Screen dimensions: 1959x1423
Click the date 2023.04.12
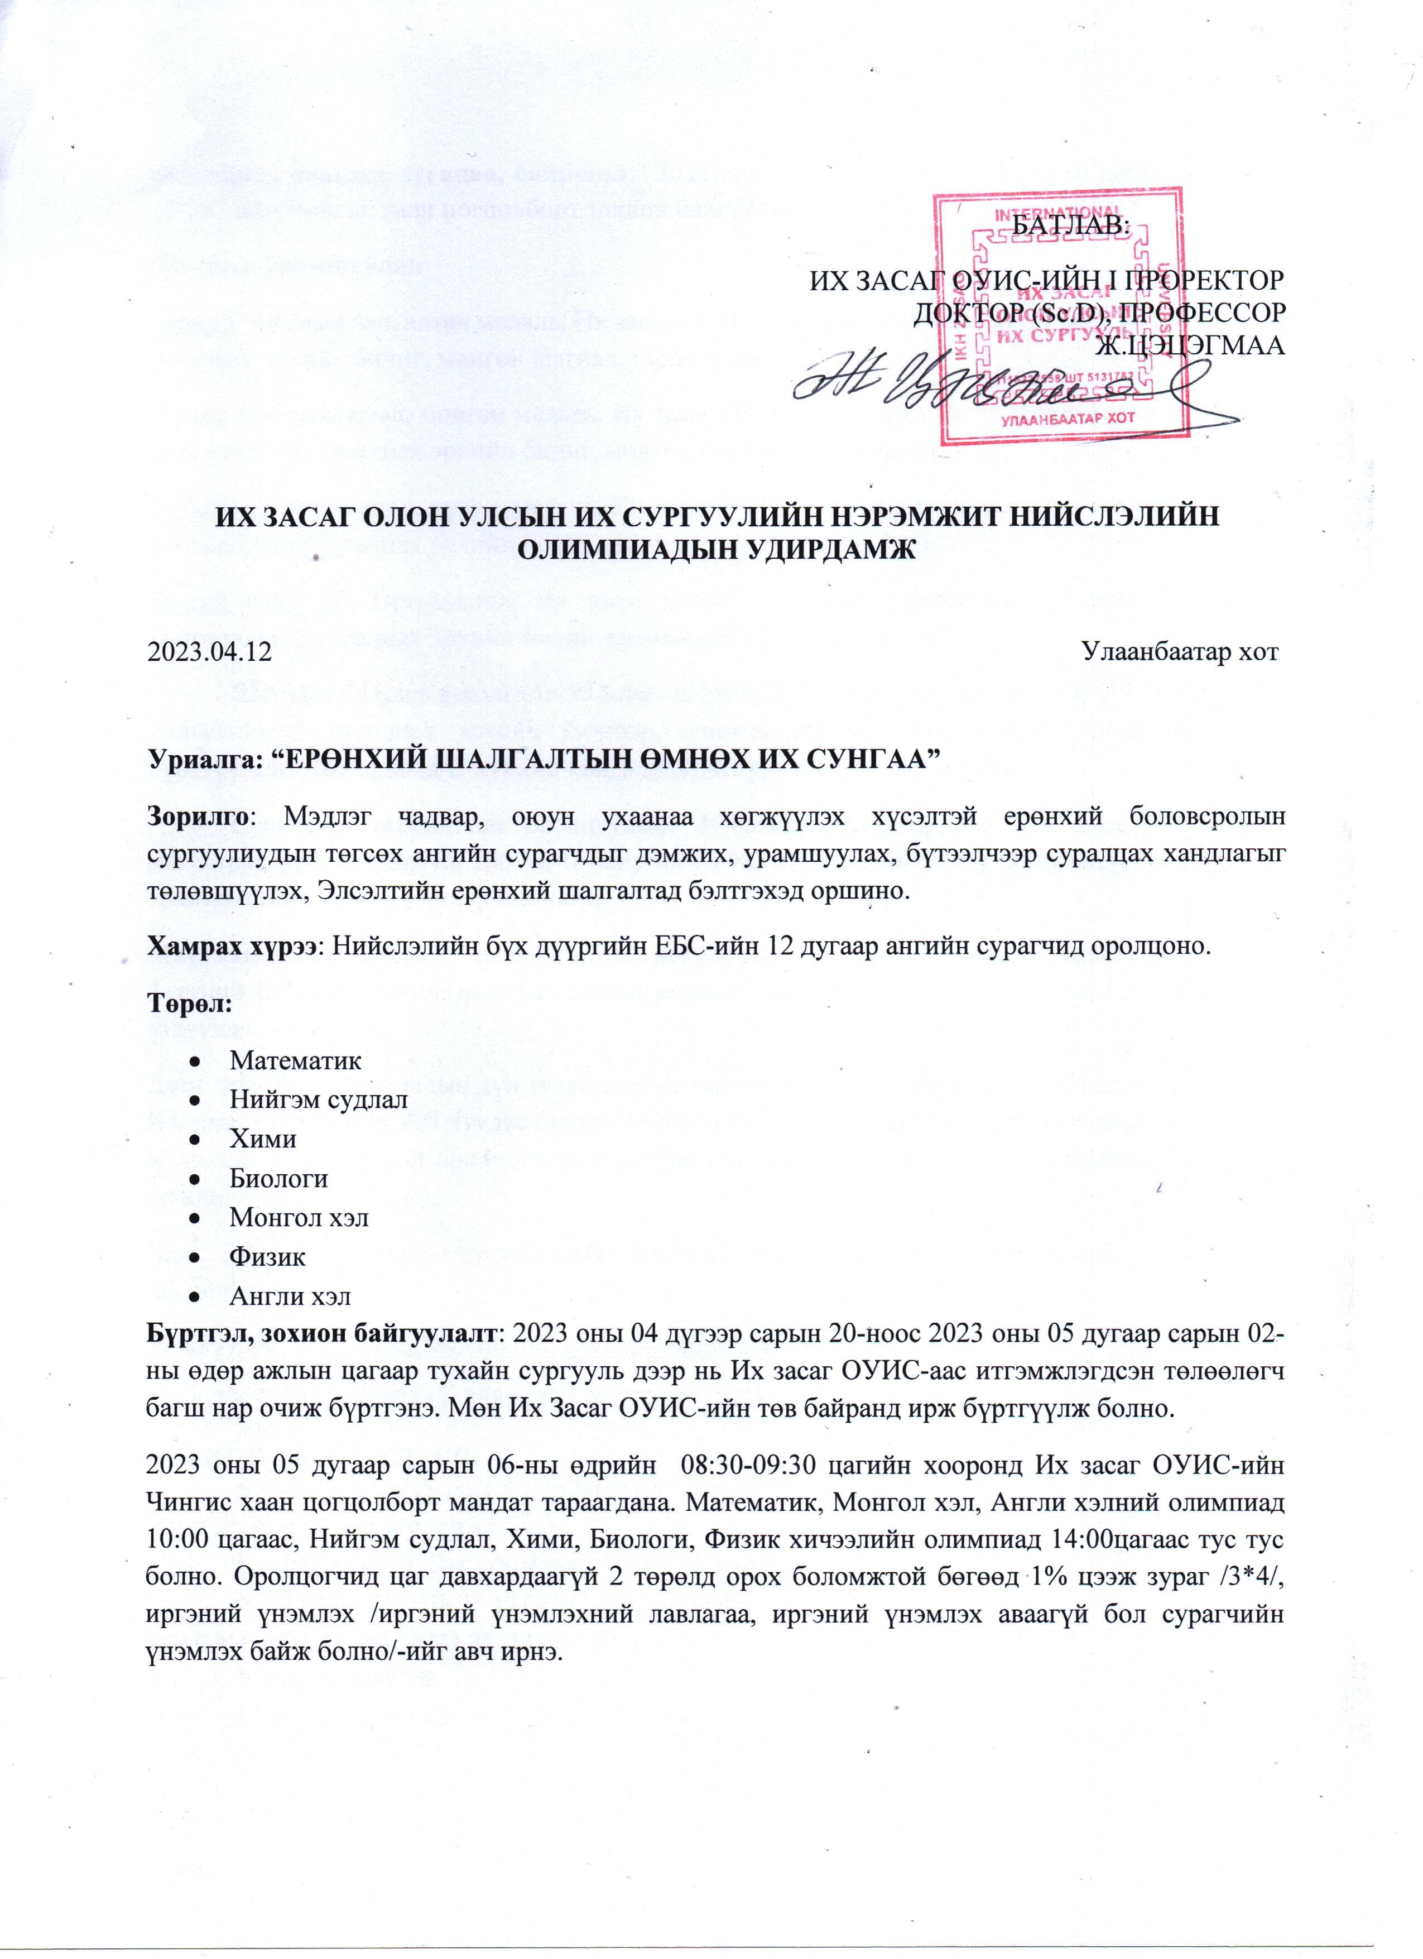click(210, 651)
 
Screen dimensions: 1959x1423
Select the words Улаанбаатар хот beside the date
click(1180, 651)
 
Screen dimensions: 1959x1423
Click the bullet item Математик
click(295, 1060)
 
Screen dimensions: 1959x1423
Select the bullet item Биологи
click(278, 1178)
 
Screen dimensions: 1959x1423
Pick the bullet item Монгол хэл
click(299, 1218)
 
